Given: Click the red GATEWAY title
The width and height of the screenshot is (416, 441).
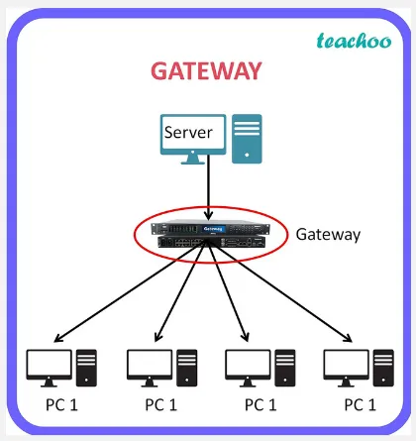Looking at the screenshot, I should coord(206,71).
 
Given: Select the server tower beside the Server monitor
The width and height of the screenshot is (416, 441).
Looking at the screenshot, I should coord(247,139).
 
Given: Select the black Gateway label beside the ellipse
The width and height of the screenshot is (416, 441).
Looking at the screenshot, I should coord(328,235).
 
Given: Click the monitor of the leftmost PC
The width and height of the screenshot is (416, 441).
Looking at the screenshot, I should coord(48,364).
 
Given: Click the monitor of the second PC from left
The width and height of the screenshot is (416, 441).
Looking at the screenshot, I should coord(148,364).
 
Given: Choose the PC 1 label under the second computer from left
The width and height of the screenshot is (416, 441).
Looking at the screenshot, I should coord(161,404).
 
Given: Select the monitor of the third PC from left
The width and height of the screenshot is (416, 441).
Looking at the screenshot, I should coord(247,364).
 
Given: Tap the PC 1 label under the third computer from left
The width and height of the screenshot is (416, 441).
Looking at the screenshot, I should coord(261,404).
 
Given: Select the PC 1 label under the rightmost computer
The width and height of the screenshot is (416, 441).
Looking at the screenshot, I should coord(360,404).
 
